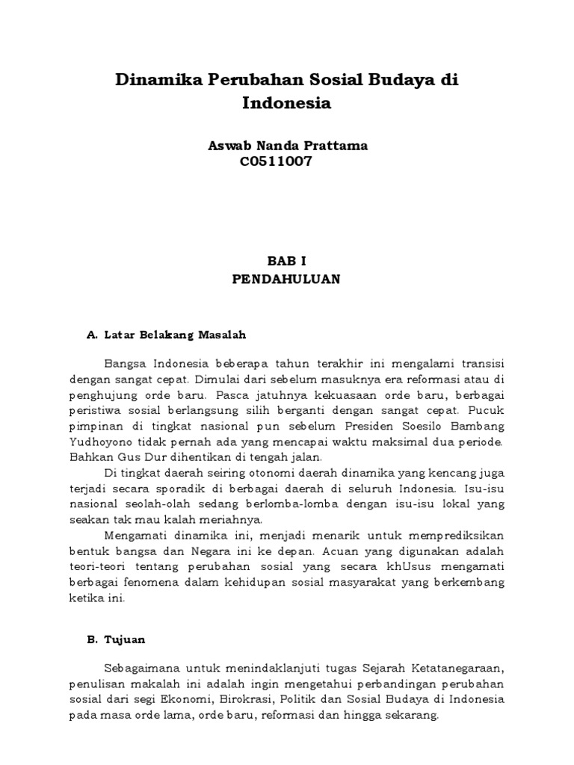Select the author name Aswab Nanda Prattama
[288, 146]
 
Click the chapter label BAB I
[287, 261]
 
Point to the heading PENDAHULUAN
[287, 279]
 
